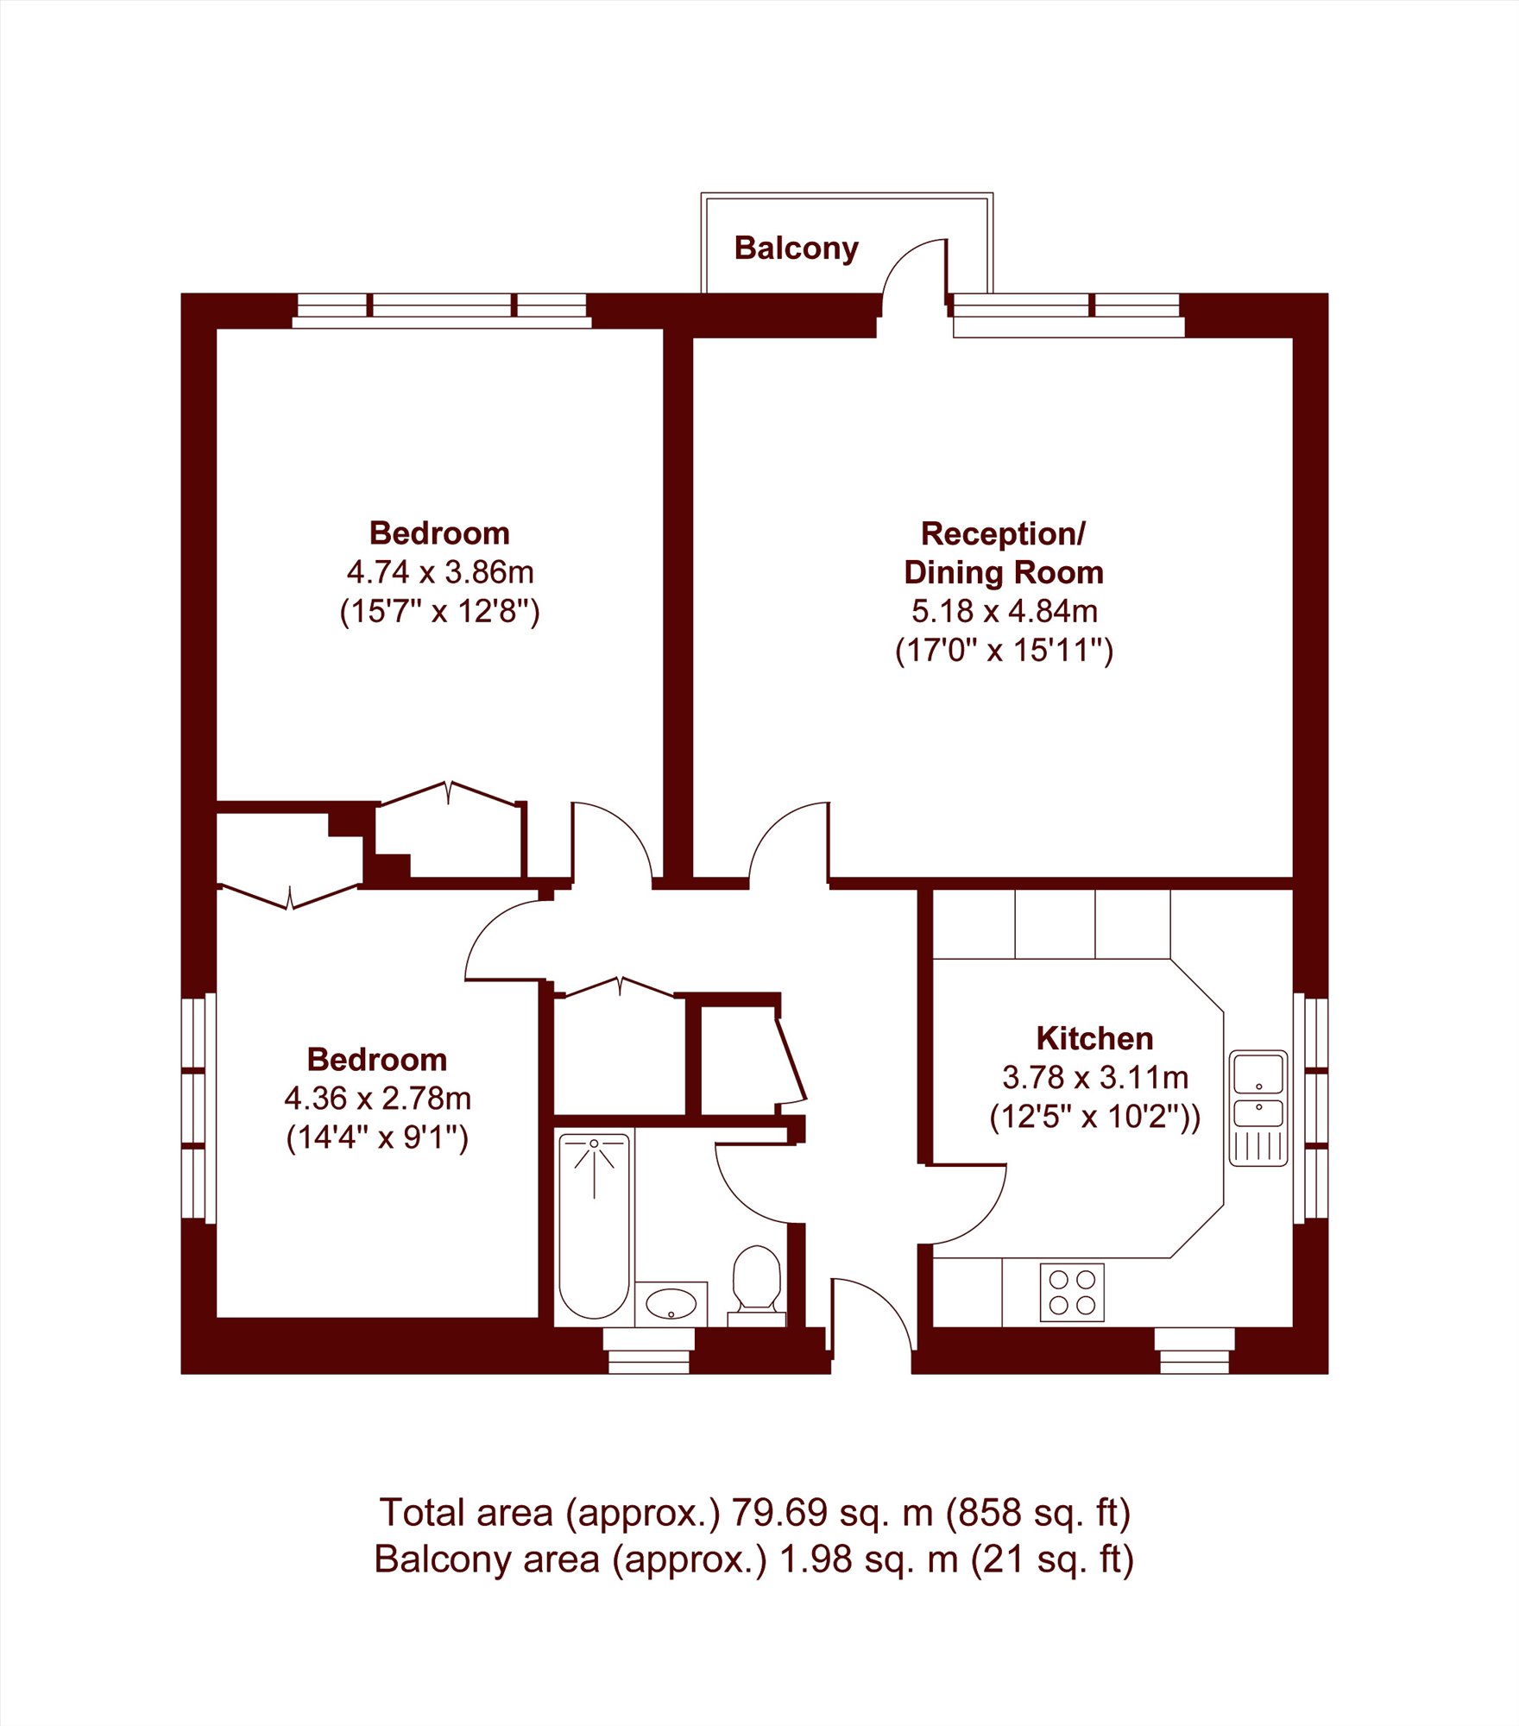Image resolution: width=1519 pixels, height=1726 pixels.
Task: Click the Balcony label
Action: [x=796, y=249]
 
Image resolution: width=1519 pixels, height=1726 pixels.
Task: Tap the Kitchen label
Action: [x=1094, y=1038]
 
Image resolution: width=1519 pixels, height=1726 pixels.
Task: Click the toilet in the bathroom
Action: [x=757, y=1284]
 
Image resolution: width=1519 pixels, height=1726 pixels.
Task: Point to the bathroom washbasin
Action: [x=671, y=1304]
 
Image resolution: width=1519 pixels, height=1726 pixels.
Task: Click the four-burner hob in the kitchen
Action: [x=1072, y=1293]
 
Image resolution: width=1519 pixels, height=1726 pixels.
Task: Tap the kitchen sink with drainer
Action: [x=1257, y=1108]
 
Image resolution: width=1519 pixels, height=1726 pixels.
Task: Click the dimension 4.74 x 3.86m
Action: [x=440, y=571]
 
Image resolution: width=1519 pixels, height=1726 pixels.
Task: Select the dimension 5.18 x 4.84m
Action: [x=1005, y=611]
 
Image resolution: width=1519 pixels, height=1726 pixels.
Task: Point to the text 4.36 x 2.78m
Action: [x=377, y=1099]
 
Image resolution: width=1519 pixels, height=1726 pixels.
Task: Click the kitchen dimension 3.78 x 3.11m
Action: [x=1095, y=1077]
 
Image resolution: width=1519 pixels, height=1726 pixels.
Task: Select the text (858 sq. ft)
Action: [x=1038, y=1513]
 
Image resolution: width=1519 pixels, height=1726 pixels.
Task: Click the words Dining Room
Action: [x=1004, y=572]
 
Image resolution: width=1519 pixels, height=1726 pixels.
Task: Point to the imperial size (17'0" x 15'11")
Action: [x=1005, y=650]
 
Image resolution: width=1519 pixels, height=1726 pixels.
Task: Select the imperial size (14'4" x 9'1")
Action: [x=377, y=1138]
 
